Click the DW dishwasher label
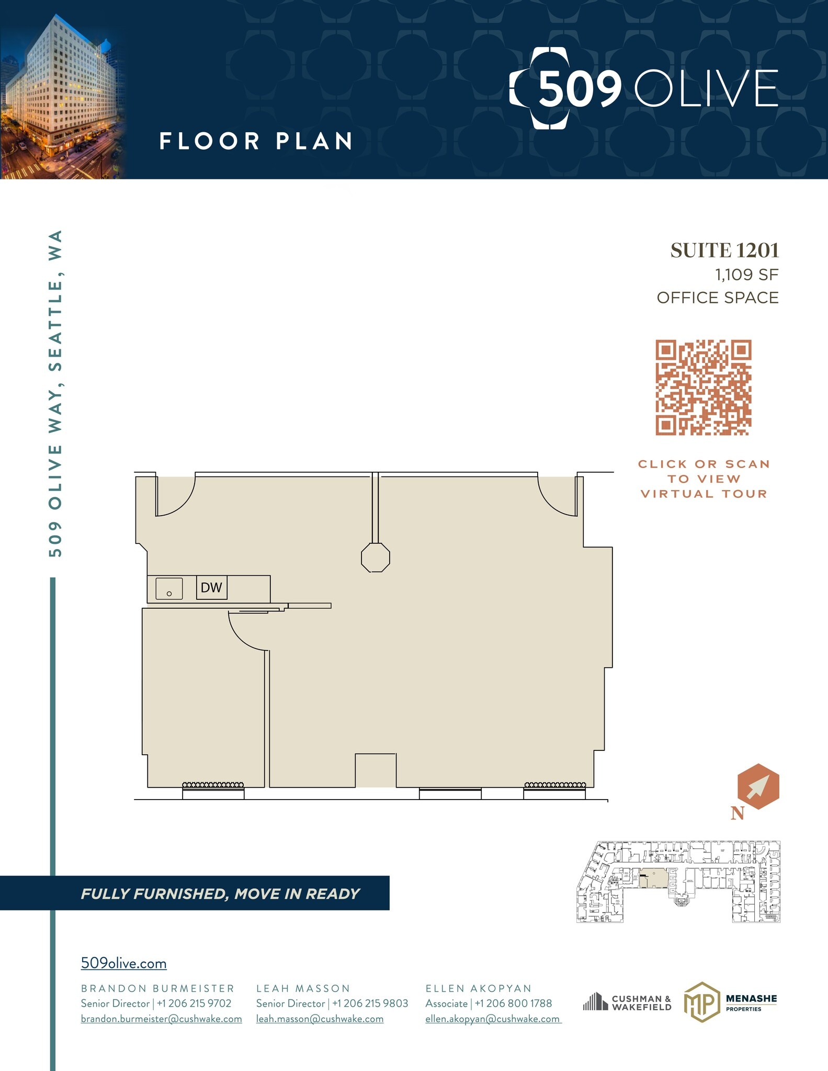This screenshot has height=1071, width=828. click(211, 587)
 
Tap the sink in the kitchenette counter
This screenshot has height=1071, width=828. click(169, 589)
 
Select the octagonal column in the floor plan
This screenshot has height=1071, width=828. click(375, 557)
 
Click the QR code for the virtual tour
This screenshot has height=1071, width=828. click(703, 388)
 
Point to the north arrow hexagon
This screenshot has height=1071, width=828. click(758, 787)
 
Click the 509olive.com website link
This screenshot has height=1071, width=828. click(123, 963)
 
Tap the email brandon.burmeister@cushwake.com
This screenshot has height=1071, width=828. click(161, 1019)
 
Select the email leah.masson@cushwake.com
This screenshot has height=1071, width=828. click(320, 1019)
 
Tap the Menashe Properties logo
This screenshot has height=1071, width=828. click(730, 1002)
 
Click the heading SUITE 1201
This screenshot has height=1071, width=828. click(724, 250)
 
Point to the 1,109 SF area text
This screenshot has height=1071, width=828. click(746, 275)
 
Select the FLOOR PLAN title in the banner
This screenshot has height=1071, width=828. click(256, 141)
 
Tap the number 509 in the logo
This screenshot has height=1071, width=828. click(580, 88)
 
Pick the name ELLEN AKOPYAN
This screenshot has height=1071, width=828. click(478, 988)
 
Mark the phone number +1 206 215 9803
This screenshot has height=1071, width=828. click(370, 1004)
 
